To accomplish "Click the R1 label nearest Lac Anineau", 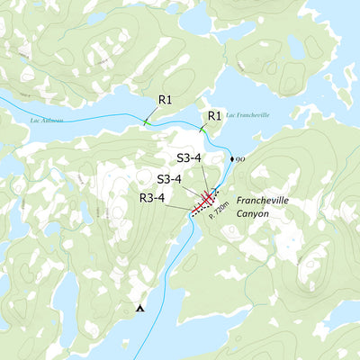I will pos(165,99).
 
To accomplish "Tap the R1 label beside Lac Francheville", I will pos(214,116).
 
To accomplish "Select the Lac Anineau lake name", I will pos(47,119).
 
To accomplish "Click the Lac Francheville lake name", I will pos(247,115).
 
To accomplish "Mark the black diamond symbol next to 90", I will pos(232,159).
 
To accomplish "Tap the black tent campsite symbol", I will pos(139,309).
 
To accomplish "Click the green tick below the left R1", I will pos(147,121).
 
